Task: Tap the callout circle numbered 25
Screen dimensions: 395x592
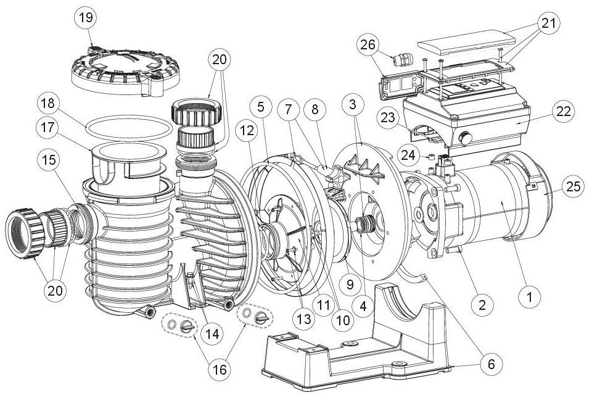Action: coord(572,187)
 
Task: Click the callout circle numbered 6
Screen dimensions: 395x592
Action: coord(491,365)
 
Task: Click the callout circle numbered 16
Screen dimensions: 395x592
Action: coord(220,370)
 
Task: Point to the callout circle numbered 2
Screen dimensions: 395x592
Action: coord(483,304)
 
